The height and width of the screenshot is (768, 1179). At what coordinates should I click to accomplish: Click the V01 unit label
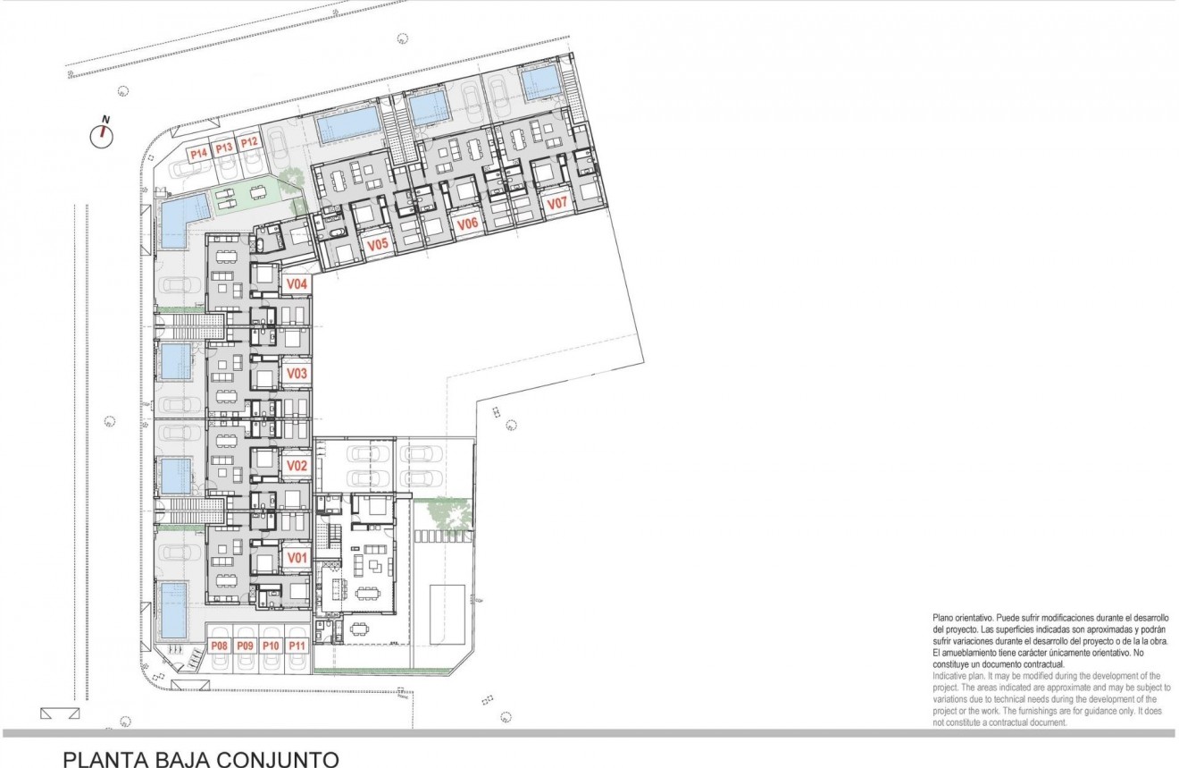pyautogui.click(x=297, y=558)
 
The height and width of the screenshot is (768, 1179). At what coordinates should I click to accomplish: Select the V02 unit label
pyautogui.click(x=297, y=466)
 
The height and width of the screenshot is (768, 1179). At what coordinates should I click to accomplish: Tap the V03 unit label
pyautogui.click(x=297, y=374)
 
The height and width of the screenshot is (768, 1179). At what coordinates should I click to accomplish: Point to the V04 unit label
pyautogui.click(x=297, y=284)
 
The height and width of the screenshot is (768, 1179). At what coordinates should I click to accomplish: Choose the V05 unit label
pyautogui.click(x=377, y=242)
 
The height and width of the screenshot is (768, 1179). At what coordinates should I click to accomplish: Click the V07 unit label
pyautogui.click(x=557, y=204)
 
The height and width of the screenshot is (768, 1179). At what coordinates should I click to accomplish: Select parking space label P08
pyautogui.click(x=219, y=646)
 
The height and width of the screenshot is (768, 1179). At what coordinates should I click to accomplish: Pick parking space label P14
pyautogui.click(x=198, y=153)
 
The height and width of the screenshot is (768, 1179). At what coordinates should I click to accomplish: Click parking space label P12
pyautogui.click(x=249, y=142)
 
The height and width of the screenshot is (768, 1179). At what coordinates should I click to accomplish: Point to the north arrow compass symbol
pyautogui.click(x=104, y=135)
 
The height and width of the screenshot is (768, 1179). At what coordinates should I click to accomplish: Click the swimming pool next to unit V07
pyautogui.click(x=540, y=84)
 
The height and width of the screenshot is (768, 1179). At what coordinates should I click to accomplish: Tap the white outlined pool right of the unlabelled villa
pyautogui.click(x=447, y=613)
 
